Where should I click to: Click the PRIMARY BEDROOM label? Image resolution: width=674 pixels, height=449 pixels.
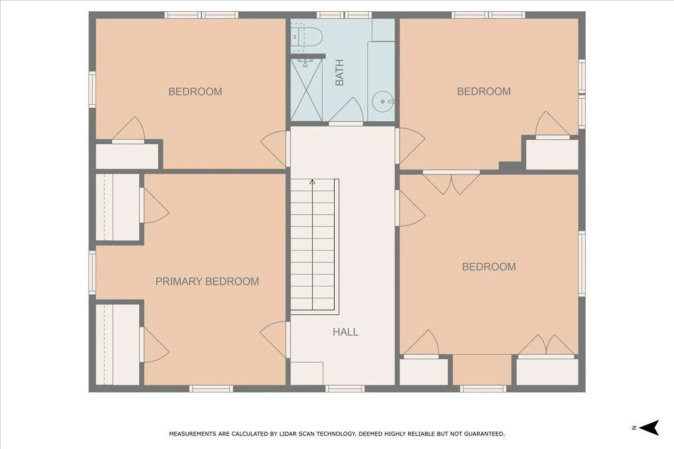pos(207,282)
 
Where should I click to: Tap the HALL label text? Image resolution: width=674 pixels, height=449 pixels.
pos(345,332)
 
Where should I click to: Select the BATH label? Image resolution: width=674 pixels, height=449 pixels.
pos(339,72)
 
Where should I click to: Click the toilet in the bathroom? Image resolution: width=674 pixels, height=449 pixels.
pos(307,37)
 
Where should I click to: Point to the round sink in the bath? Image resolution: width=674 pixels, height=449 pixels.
pos(382,102)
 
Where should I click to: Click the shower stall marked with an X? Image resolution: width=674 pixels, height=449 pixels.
pos(306,89)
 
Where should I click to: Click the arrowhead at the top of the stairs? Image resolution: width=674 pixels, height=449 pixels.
pos(312,182)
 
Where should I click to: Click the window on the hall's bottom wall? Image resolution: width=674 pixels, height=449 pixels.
pos(345,388)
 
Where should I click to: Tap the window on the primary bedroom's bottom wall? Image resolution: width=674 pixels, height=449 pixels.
pos(211,388)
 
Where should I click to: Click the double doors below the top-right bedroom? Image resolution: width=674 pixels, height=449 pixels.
pos(452,182)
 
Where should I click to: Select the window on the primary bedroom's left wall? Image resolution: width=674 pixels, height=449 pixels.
pos(92,272)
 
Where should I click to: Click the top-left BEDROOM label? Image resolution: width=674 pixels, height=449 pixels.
pos(195,91)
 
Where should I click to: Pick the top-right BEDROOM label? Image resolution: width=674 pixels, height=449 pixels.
pos(484,91)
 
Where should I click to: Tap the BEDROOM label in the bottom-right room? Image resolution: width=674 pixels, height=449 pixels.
pos(489,267)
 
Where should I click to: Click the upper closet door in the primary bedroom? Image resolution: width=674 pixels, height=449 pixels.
pos(154,205)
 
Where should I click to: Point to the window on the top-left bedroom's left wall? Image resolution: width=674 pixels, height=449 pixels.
pos(92,89)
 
